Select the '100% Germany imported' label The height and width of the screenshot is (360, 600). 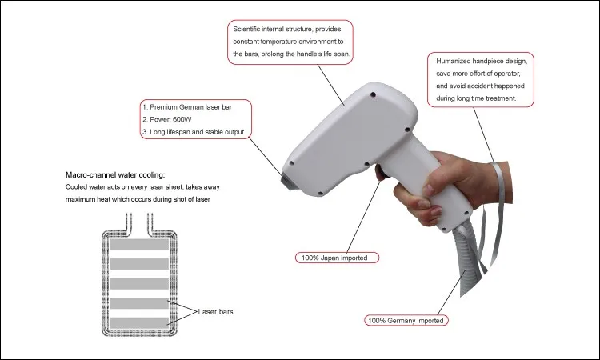(x=406, y=320)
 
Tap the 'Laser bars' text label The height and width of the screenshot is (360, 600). (x=215, y=312)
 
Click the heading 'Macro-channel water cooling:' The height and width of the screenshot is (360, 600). (x=115, y=175)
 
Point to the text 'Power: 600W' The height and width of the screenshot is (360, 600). (x=170, y=119)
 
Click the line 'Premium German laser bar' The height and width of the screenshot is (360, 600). (x=190, y=107)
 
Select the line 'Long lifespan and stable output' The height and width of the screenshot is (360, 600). (x=197, y=132)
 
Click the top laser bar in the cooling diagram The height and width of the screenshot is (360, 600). (x=139, y=245)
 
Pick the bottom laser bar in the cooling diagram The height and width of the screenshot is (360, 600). (x=139, y=323)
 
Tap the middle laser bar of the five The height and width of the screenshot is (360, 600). (x=139, y=283)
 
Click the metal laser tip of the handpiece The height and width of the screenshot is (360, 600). (x=286, y=178)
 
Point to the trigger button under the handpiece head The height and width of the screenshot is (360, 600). (x=380, y=173)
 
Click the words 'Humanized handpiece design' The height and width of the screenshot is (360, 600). (x=482, y=62)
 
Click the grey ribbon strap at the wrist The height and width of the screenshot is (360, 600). (x=497, y=214)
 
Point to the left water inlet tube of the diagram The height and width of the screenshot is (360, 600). (x=129, y=222)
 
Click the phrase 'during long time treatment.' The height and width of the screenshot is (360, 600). (x=476, y=98)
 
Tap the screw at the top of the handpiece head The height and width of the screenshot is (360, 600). (x=374, y=94)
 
